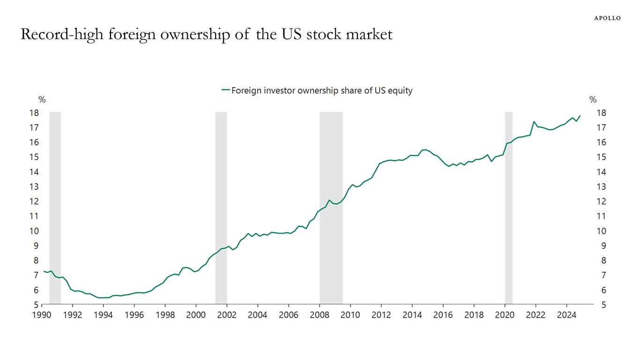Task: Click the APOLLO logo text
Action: pos(607,18)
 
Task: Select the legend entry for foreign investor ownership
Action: pos(317,90)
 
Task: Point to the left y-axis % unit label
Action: pos(42,100)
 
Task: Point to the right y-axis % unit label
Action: pos(593,100)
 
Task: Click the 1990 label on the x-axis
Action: pos(42,315)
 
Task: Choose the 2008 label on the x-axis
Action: pos(319,315)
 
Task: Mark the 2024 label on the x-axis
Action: pos(566,315)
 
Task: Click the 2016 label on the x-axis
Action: pos(443,315)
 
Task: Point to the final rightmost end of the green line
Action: pos(580,116)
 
